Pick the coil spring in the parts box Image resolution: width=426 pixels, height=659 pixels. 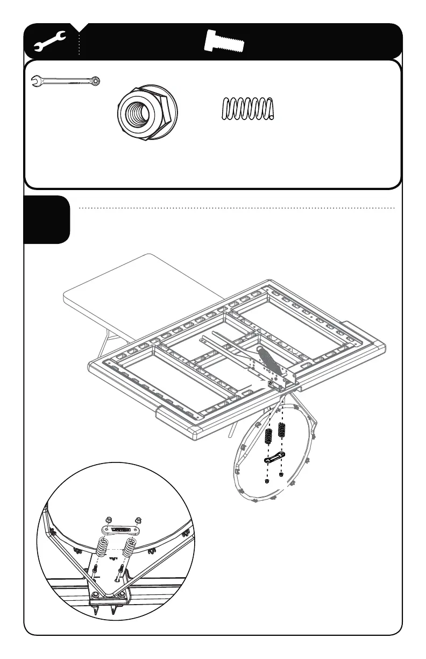pos(248,109)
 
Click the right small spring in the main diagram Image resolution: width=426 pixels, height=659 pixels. pos(281,431)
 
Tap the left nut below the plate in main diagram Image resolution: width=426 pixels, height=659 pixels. pos(267,482)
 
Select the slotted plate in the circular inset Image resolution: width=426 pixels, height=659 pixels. pos(124,530)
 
